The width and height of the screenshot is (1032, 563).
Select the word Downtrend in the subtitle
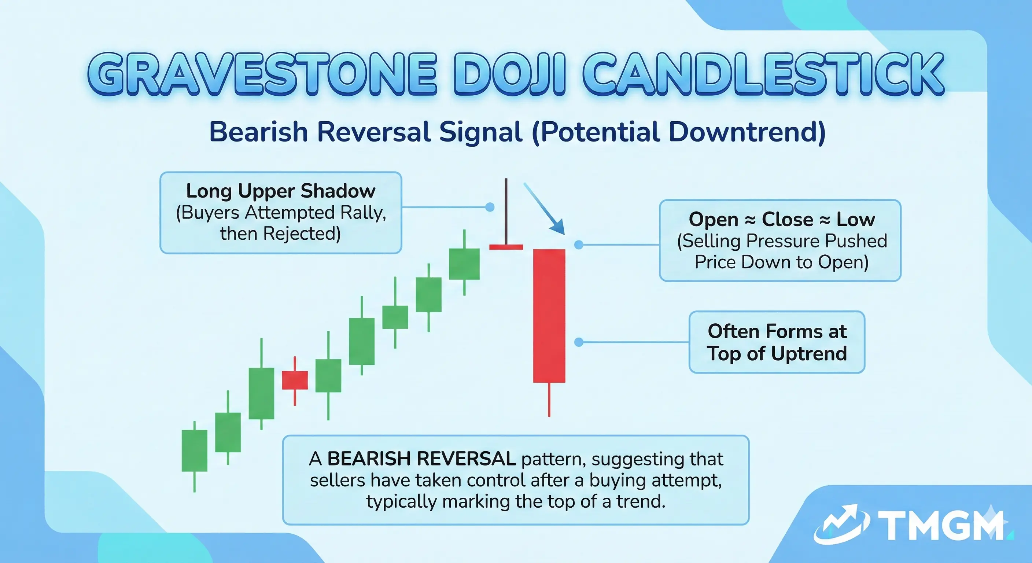pos(747,132)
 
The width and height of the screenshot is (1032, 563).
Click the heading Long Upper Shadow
pos(280,191)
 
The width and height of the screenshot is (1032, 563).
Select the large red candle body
pos(549,316)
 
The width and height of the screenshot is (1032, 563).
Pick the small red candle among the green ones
pos(295,380)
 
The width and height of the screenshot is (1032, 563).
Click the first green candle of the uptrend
pos(194,450)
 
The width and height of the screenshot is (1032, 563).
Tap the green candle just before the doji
pos(464,264)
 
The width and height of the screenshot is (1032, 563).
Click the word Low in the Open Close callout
pos(855,219)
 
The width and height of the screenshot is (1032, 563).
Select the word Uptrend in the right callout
pos(809,353)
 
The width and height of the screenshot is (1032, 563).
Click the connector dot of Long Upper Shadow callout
pos(490,207)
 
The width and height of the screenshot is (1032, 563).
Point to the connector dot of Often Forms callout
pos(579,342)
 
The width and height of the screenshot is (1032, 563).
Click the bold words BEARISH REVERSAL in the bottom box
pos(421,459)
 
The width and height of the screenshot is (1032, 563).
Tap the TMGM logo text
pos(941,525)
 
